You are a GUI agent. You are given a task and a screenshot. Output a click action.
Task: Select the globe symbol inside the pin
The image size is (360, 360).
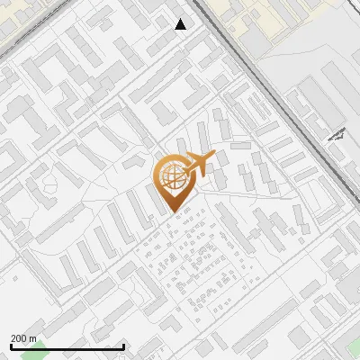tap(170, 176)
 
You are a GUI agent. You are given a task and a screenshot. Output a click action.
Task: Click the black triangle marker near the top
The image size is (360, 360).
tap(181, 24)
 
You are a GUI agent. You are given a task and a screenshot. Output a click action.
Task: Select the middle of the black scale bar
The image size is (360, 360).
tap(67, 346)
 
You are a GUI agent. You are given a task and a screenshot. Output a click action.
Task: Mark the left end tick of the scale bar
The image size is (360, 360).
tap(12, 346)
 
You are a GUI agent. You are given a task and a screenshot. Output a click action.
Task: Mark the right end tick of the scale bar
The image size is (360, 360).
tap(123, 346)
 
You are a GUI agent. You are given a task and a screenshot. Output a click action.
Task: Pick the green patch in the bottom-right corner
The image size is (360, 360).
tap(346, 346)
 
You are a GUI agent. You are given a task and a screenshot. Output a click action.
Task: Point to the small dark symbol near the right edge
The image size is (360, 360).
tap(338, 135)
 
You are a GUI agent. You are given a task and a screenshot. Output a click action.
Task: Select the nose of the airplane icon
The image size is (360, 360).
tap(215, 157)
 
